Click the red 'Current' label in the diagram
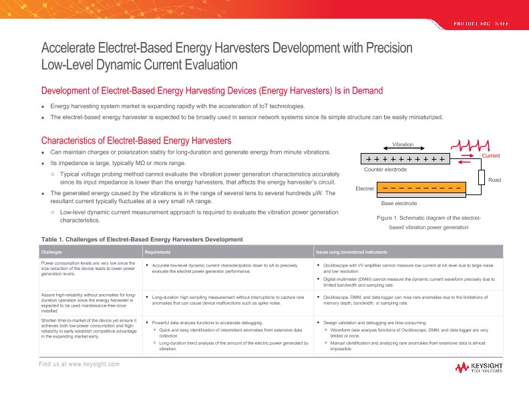[490, 156]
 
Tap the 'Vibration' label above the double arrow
[403, 144]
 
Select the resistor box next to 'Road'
[481, 177]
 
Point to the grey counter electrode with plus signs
[403, 159]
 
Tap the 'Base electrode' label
[399, 202]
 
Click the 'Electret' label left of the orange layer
[365, 189]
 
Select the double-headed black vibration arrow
[403, 150]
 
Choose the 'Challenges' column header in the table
[52, 253]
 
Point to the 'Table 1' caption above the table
[142, 239]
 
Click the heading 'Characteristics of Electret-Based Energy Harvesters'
[136, 140]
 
